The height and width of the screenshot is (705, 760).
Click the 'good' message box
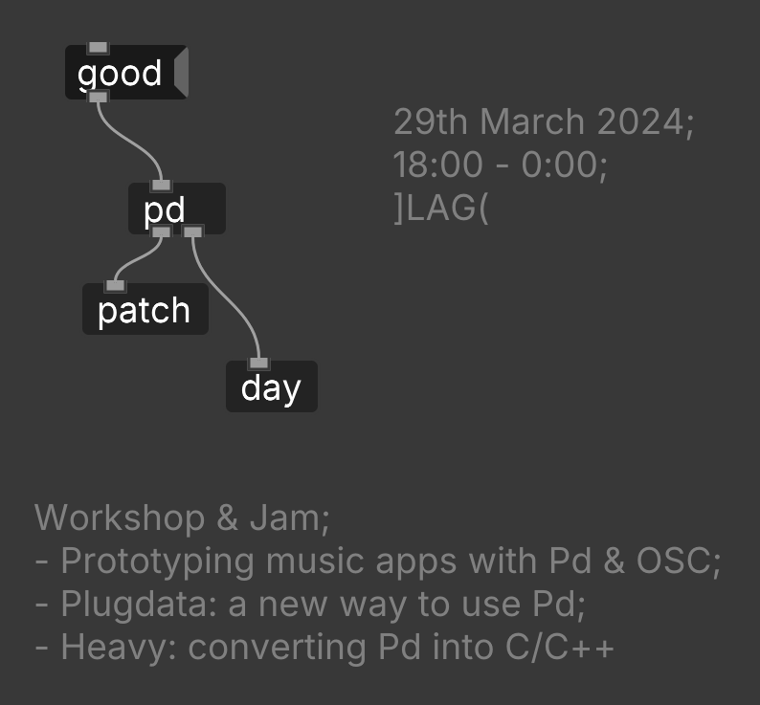coord(121,73)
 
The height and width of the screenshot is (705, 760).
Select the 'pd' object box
coord(177,209)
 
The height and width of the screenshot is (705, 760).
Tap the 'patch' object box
coord(145,310)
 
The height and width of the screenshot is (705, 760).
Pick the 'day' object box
coord(271,387)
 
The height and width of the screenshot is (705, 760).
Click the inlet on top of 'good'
coord(98,48)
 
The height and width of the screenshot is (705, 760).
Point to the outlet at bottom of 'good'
coord(98,97)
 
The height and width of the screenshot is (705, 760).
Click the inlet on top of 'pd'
coord(161,186)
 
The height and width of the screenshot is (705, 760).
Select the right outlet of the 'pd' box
coord(192,231)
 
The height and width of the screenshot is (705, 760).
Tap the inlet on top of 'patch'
coord(115,285)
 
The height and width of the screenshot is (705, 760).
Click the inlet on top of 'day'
coord(258,364)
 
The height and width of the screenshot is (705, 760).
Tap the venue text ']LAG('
coord(441,208)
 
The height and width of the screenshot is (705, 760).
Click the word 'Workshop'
coord(120,518)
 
